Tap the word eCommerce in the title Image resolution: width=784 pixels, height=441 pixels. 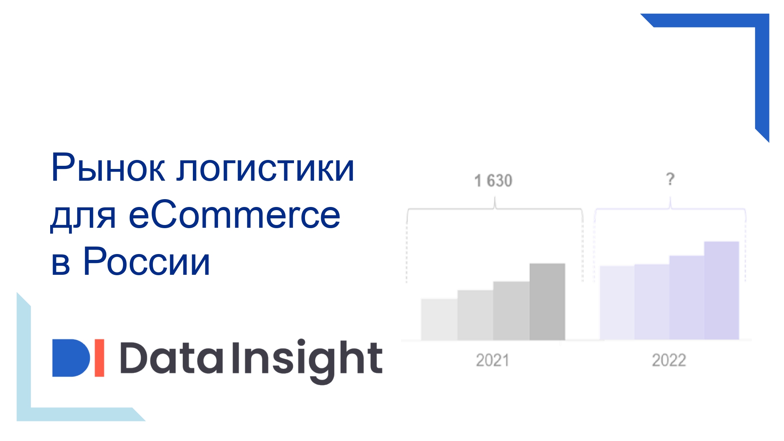coord(234,214)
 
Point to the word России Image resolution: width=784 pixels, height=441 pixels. coord(147,261)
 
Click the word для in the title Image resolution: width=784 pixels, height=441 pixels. coord(83,218)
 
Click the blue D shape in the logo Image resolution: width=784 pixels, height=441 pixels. coord(71,358)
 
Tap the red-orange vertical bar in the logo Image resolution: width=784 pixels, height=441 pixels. coord(100,358)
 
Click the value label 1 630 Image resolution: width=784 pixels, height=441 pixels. coord(493,181)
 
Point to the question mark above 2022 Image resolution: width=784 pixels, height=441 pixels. coord(670,179)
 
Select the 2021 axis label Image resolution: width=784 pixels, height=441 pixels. coord(493,360)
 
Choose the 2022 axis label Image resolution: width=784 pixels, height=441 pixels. coord(669,360)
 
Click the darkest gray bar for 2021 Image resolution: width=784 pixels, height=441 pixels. coord(547,301)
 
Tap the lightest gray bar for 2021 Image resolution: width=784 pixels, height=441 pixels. coord(439,319)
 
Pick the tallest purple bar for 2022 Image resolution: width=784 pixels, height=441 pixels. coord(722,290)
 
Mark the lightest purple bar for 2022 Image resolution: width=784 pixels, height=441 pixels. coord(617,303)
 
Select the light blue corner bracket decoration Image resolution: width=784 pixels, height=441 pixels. coord(24,414)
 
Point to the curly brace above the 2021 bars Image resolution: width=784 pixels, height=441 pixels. coord(495,209)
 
